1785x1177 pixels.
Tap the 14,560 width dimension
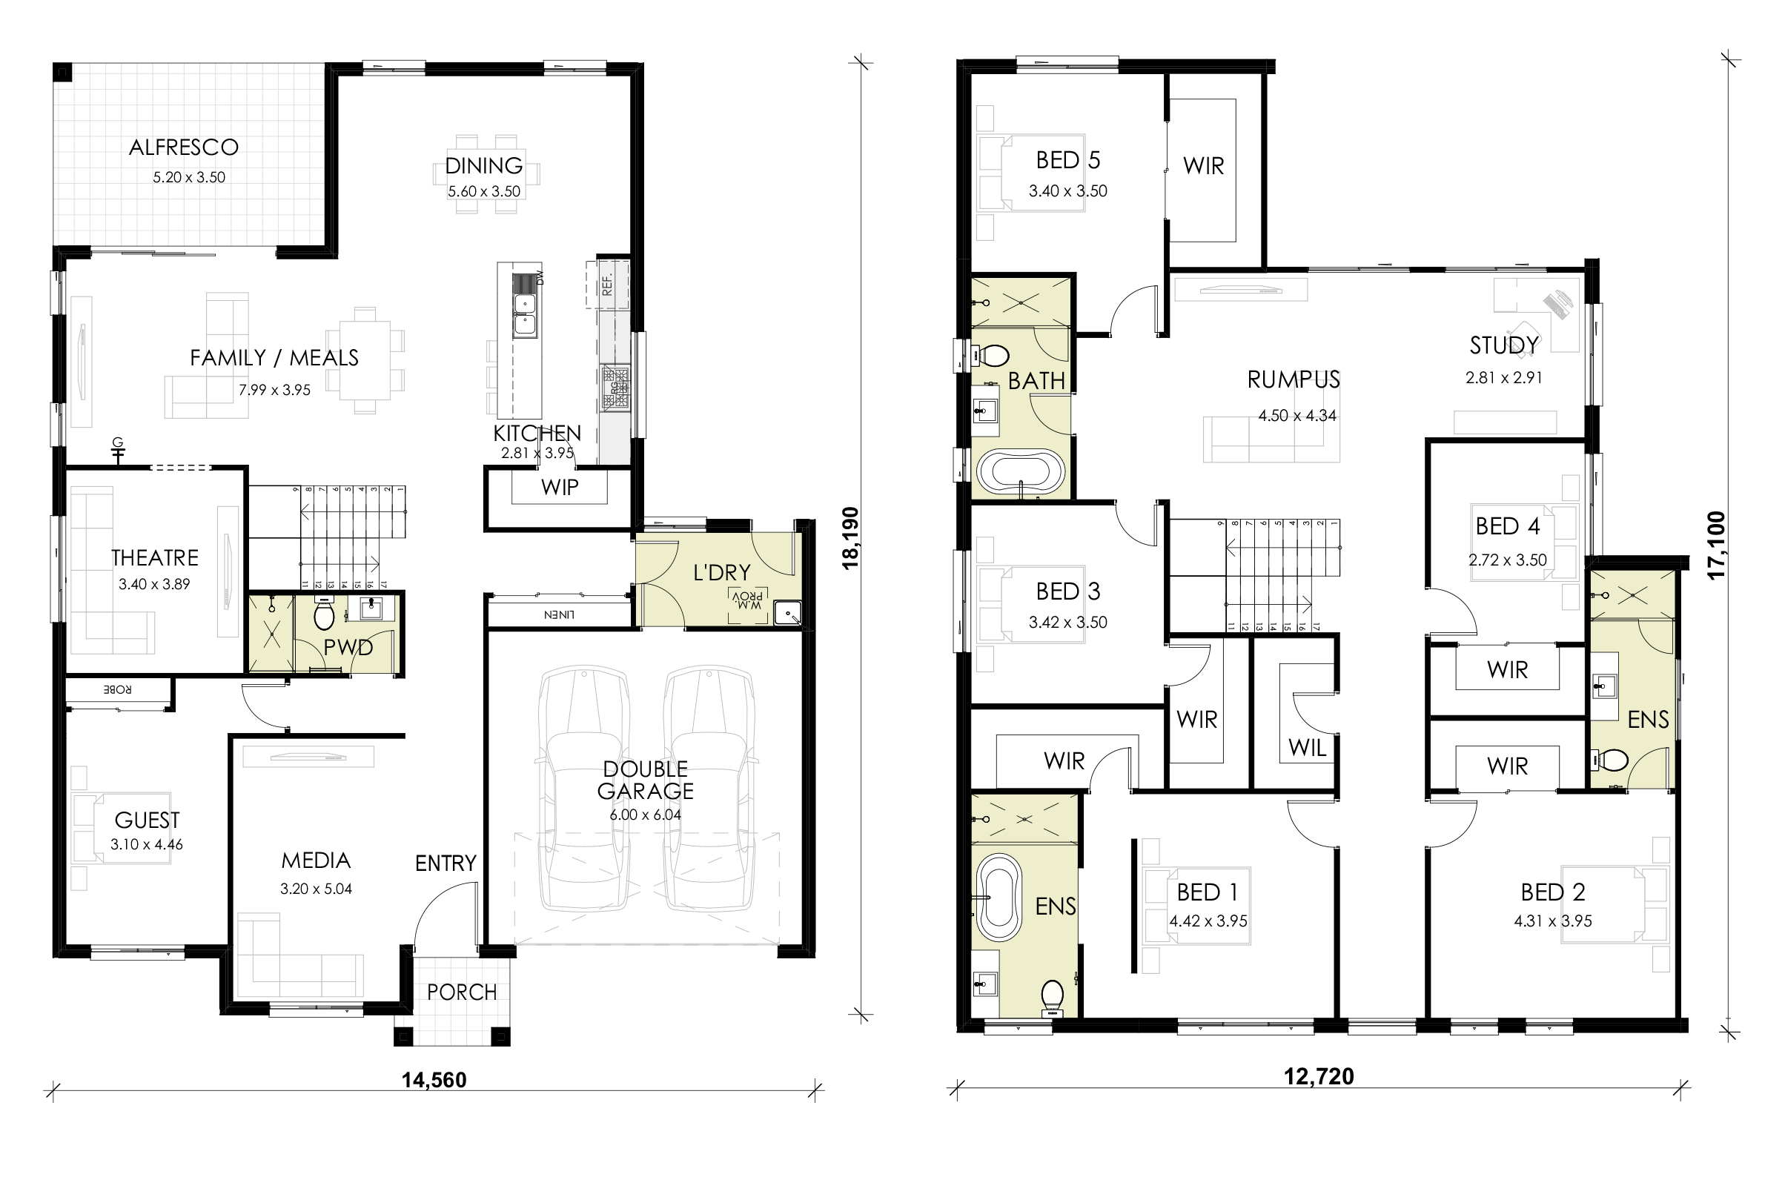434,1080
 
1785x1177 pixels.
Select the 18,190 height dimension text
850,538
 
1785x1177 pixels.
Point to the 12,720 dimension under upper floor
1318,1076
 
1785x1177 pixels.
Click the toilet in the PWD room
323,616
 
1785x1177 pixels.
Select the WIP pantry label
559,487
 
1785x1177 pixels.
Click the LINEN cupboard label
559,614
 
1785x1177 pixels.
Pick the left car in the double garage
584,788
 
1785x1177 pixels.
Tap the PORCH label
462,992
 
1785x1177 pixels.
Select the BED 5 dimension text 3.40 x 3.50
1067,190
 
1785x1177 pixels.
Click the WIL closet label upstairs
1307,747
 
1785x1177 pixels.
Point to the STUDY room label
1503,345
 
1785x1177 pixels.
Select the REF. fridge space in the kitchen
607,284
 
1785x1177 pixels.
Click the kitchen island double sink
525,314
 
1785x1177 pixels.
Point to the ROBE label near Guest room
118,689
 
